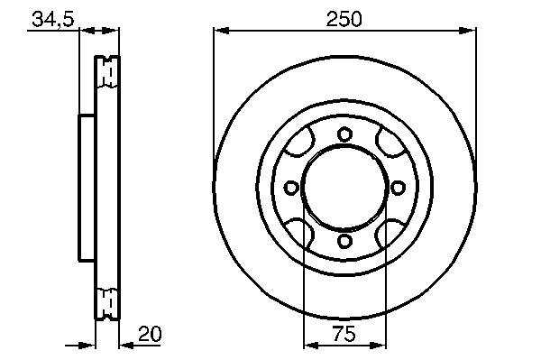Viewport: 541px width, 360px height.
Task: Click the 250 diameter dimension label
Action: coord(344,19)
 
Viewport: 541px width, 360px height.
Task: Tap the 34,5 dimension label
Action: coord(53,19)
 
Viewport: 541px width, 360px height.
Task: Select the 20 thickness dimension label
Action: coord(150,334)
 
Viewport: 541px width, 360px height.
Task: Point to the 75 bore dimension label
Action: coord(344,334)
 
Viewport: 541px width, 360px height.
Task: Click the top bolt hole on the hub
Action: coord(344,134)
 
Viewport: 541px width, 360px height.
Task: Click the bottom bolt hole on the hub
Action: coord(344,241)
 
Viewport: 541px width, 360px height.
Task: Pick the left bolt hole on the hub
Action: coord(291,188)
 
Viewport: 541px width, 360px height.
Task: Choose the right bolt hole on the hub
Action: coord(398,188)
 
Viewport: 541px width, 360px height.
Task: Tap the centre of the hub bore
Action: coord(344,188)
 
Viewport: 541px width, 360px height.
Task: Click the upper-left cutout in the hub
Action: coord(299,143)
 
